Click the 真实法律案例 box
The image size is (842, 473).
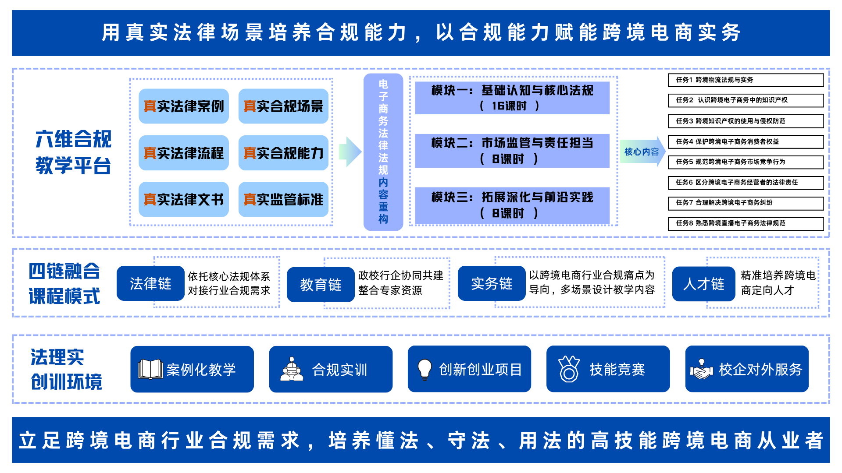[184, 106]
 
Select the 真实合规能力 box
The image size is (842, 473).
[283, 153]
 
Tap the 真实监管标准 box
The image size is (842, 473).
[283, 199]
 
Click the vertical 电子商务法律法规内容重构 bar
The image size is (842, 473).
[383, 152]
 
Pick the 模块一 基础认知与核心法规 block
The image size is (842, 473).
[512, 98]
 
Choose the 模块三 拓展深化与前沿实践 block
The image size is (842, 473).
[512, 205]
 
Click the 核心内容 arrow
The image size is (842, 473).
[642, 152]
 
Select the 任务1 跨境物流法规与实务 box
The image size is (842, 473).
[746, 80]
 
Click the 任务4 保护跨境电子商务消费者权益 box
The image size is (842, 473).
[746, 141]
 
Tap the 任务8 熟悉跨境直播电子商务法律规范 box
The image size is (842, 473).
[746, 223]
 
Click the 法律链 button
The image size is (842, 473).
[150, 283]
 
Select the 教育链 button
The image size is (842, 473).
[321, 285]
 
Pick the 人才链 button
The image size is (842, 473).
[703, 284]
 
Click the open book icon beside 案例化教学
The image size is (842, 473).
[150, 369]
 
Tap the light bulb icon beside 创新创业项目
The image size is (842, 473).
[425, 369]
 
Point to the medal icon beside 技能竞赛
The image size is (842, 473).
[569, 369]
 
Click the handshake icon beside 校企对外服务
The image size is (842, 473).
[702, 369]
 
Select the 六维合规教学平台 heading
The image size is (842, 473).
[74, 152]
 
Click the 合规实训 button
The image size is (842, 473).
[331, 369]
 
